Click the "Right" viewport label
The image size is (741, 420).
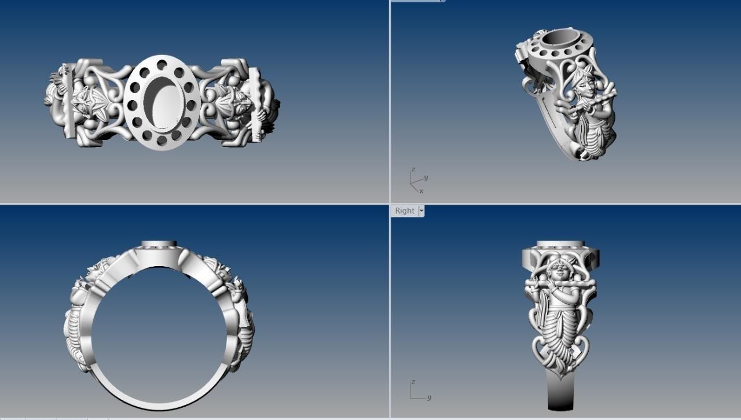pyautogui.click(x=404, y=211)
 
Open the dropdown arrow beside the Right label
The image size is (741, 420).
pyautogui.click(x=421, y=211)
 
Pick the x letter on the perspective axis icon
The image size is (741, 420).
pyautogui.click(x=421, y=191)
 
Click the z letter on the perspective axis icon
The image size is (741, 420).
pyautogui.click(x=413, y=170)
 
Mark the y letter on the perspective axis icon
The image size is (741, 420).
pyautogui.click(x=425, y=178)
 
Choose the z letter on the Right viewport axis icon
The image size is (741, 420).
pyautogui.click(x=413, y=382)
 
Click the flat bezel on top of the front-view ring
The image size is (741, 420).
pyautogui.click(x=159, y=244)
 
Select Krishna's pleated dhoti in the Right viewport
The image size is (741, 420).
pyautogui.click(x=559, y=336)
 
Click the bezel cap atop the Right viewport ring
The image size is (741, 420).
pyautogui.click(x=560, y=245)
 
